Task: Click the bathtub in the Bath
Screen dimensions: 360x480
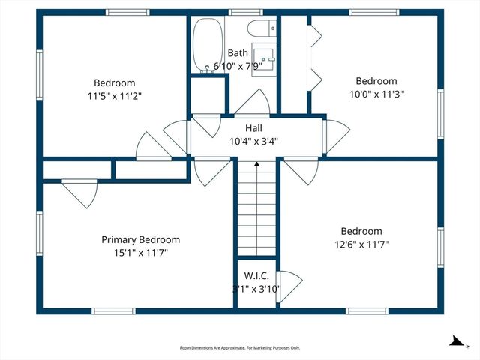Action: [x=204, y=45]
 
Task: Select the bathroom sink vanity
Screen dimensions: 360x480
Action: [x=264, y=58]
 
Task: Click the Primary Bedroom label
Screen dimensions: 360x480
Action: [x=140, y=239]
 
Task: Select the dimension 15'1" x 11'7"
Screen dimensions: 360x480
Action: [x=140, y=253]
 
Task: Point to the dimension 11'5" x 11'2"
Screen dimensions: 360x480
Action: [x=114, y=96]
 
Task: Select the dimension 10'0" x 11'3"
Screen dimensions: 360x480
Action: [x=376, y=94]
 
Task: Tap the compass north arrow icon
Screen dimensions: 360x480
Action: [x=455, y=341]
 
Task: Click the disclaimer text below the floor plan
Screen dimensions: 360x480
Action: [x=239, y=348]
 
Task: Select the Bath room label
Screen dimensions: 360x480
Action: [x=238, y=53]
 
